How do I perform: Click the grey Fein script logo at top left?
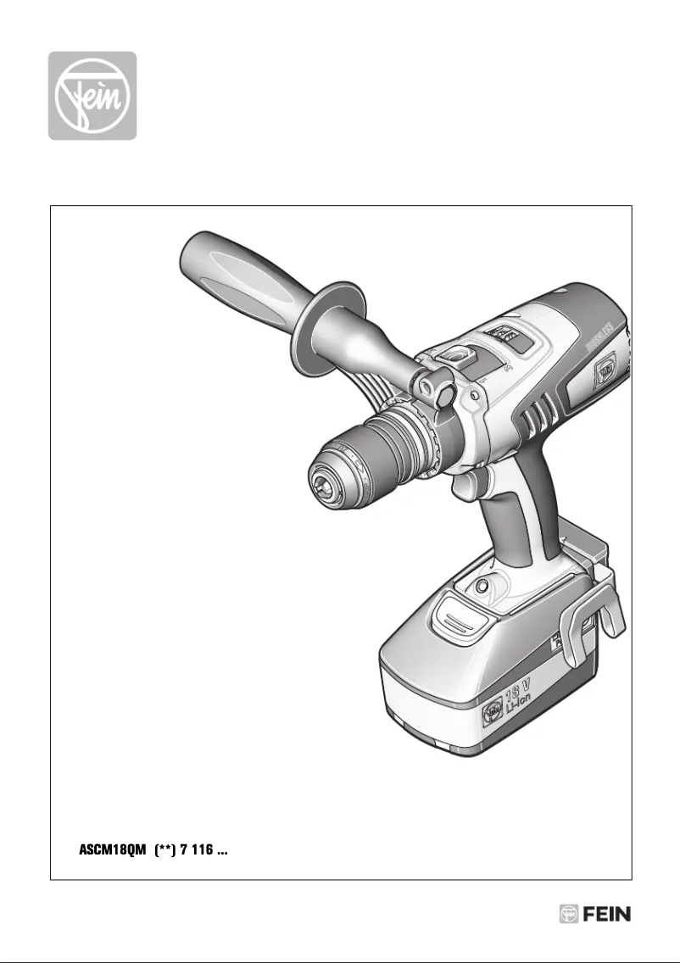click(x=92, y=96)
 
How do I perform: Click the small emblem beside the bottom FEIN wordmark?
click(x=568, y=915)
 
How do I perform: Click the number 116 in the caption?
click(x=201, y=851)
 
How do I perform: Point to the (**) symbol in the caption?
click(x=165, y=851)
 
